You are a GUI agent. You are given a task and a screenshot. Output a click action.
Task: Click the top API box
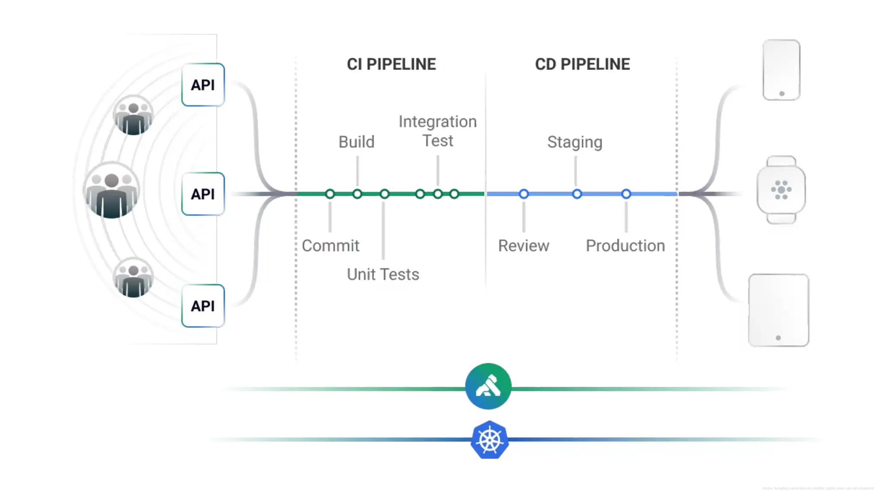coord(203,85)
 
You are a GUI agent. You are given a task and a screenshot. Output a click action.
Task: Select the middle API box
coord(203,194)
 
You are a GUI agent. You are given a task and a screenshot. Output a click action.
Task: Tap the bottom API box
coord(203,305)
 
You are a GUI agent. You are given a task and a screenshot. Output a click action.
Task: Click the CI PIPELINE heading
coord(391,64)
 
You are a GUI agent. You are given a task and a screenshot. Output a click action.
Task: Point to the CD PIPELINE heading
coord(582,64)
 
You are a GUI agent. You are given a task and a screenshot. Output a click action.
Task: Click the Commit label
coord(330,245)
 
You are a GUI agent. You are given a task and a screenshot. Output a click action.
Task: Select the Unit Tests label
coord(383,274)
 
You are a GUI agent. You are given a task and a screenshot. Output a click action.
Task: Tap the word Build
coord(356,142)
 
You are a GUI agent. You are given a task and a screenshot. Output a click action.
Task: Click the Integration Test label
coord(437,131)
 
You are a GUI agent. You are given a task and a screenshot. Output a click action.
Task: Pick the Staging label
coord(575,142)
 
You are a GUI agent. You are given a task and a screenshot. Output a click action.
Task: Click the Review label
coord(524,245)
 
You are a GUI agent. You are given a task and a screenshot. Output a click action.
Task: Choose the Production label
coord(625,245)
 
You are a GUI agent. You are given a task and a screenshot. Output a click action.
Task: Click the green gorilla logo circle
coord(488,386)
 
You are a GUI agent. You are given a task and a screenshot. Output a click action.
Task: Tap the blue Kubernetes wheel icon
coord(489,440)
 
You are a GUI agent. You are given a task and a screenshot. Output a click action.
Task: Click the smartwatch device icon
coord(781,190)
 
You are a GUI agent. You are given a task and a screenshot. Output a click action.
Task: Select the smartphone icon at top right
coord(781,70)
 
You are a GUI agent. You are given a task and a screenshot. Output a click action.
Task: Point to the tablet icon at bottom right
coord(778,310)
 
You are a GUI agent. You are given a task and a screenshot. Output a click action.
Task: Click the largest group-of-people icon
coord(111,190)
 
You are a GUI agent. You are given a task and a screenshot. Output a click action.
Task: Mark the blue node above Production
coord(626,194)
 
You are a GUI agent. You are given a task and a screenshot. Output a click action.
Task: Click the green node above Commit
coord(330,194)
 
